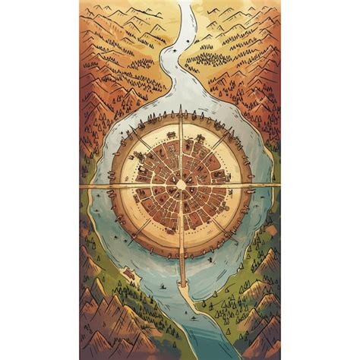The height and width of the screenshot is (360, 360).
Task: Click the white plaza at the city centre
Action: [180, 185]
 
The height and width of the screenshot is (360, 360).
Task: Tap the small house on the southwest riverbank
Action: [130, 274]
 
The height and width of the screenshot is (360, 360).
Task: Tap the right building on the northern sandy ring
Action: [198, 137]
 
